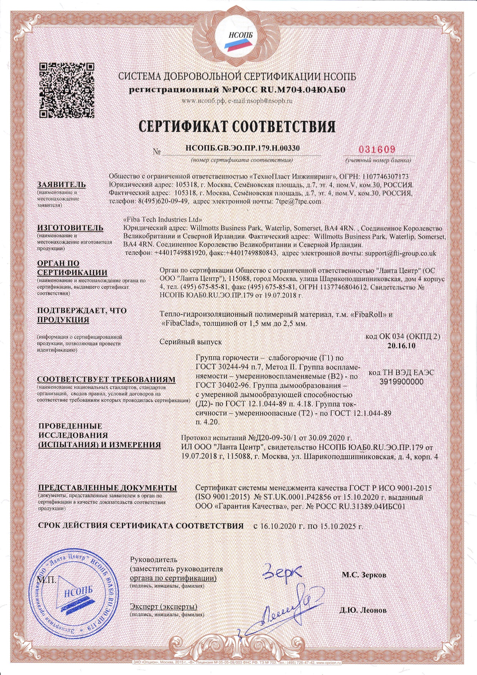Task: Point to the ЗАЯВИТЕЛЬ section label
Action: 62,184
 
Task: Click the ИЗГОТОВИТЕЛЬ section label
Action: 70,228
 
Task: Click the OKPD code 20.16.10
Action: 402,345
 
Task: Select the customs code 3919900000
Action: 401,382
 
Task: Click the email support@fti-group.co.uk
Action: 400,253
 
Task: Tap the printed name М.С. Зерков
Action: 364,575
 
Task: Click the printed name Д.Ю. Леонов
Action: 363,610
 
